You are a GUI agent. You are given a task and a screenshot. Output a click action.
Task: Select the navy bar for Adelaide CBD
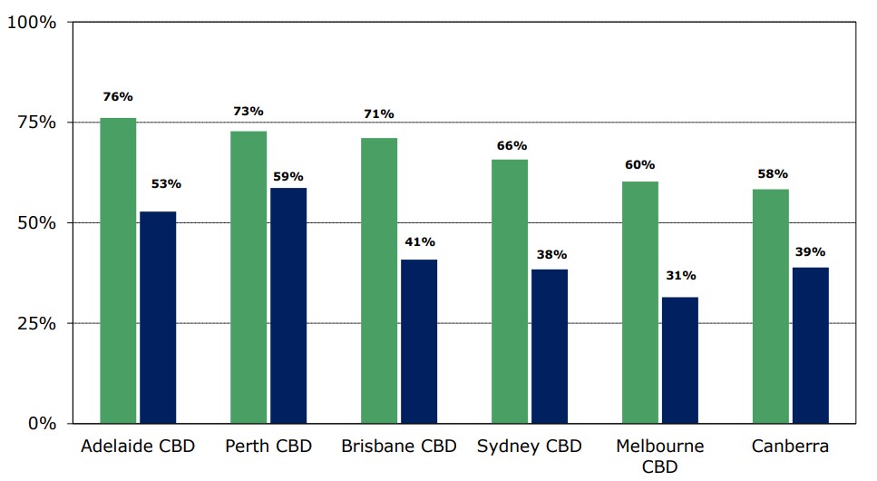pos(158,318)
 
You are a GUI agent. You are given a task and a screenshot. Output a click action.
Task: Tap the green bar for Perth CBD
pos(248,277)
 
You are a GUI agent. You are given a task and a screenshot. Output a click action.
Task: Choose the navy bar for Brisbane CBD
pos(419,341)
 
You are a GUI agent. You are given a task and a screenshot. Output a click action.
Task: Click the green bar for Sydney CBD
pos(510,291)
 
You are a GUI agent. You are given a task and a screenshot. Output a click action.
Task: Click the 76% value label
pos(118,96)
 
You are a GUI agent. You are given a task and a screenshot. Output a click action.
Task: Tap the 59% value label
pos(288,176)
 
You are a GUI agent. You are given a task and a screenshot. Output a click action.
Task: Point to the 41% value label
pos(419,242)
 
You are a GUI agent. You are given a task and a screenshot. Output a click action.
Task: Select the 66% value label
pos(512,145)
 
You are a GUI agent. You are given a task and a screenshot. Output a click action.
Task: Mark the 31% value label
pos(680,275)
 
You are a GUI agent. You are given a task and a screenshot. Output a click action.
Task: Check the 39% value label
pos(811,252)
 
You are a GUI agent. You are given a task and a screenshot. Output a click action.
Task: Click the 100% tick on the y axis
pos(32,23)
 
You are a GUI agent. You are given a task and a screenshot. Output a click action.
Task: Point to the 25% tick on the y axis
pos(37,324)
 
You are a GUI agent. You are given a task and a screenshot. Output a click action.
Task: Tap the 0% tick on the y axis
pos(42,424)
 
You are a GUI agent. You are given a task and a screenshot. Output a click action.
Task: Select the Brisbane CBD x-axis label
pos(398,447)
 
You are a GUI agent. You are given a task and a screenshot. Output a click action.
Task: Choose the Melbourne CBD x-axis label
pos(659,456)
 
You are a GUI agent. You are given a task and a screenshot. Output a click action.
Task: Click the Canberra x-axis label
pos(790,447)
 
